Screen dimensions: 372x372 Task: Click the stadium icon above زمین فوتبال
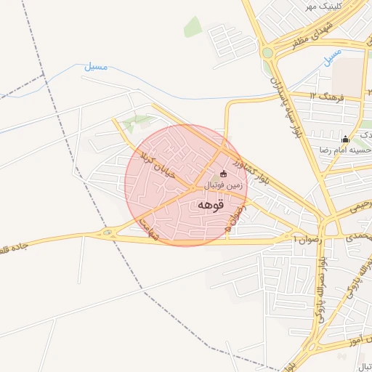(x=223, y=174)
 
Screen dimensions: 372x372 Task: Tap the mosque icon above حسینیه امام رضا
(x=345, y=138)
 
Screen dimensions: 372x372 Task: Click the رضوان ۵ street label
(x=234, y=216)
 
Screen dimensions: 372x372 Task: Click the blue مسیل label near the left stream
(x=94, y=67)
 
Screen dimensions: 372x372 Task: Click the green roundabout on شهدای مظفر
(x=267, y=52)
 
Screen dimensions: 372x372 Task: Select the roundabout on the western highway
(x=108, y=232)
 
